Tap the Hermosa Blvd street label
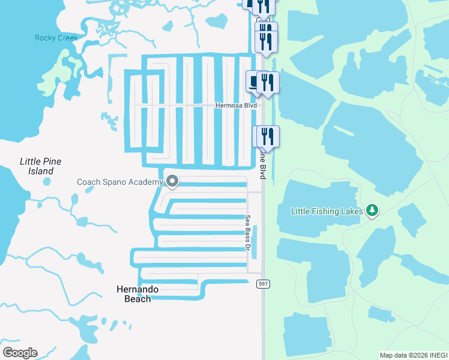(236, 106)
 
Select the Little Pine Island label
(41, 166)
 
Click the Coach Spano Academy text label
(120, 182)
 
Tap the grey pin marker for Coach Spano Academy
(172, 181)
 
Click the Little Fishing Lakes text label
(327, 211)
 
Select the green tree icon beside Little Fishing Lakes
(373, 211)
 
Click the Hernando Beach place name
(137, 294)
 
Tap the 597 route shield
(262, 284)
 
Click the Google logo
(20, 353)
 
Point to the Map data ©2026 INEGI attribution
(413, 355)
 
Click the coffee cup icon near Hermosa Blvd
(255, 81)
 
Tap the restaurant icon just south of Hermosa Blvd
(267, 136)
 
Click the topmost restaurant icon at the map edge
(264, 5)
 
